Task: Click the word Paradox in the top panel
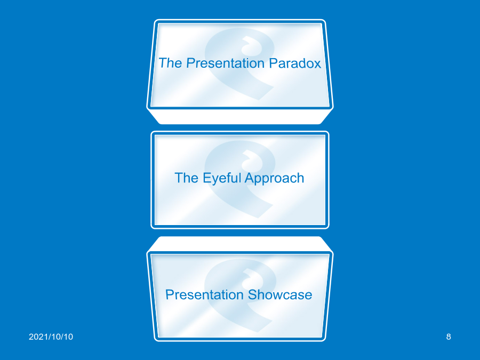[x=295, y=63]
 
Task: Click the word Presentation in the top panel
[x=225, y=63]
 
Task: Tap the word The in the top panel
[x=171, y=63]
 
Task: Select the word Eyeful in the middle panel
[x=222, y=178]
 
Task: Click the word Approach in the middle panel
[x=274, y=178]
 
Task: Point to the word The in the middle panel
[x=187, y=178]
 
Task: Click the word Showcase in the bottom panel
[x=280, y=294]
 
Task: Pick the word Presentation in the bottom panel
[x=204, y=294]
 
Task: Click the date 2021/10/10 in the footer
[x=51, y=337]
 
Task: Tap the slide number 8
[x=449, y=337]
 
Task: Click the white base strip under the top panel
[x=240, y=117]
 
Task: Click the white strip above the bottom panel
[x=240, y=244]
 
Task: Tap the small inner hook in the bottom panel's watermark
[x=253, y=278]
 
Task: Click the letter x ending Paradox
[x=317, y=65]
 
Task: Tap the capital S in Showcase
[x=253, y=294]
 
